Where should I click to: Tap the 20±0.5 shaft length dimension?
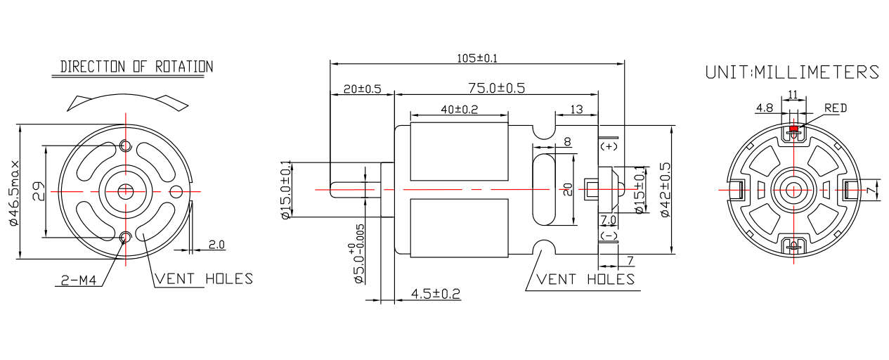362,89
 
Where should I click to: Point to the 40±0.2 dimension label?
459,109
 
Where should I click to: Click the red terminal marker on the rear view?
794,129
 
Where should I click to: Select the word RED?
836,108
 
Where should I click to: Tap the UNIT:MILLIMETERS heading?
792,72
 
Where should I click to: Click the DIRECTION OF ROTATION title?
136,67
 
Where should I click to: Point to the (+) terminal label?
609,146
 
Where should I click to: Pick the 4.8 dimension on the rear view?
764,108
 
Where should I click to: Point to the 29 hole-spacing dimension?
39,191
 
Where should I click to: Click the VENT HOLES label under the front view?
204,278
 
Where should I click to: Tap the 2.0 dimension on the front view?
216,245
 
